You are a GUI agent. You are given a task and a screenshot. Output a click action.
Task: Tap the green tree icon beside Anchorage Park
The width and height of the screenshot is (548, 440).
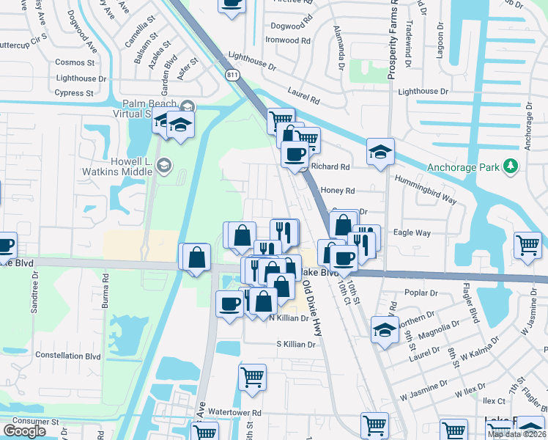(511, 167)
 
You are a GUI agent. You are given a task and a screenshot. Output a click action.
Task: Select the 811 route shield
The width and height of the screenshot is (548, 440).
(233, 75)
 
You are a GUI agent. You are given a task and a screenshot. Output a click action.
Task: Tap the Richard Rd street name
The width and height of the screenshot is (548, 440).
(330, 167)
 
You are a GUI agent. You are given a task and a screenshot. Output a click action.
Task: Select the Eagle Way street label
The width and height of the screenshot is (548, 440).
(412, 233)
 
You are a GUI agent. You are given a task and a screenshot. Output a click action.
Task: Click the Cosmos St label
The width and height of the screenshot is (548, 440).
(75, 63)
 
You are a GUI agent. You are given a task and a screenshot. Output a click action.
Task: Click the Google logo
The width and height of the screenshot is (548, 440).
(25, 431)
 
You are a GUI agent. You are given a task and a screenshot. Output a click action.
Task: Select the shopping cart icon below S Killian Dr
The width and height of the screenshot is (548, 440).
(252, 377)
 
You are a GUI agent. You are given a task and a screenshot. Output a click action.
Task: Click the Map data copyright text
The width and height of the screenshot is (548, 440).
(517, 434)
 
